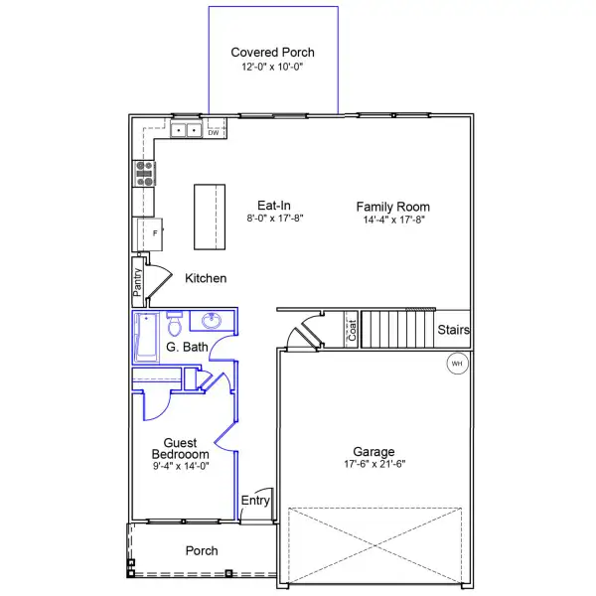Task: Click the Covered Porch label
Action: (x=271, y=52)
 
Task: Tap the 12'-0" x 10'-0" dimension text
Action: (x=271, y=68)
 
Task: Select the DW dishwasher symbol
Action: (x=213, y=132)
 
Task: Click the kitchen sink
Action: (x=184, y=130)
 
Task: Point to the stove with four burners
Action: (x=145, y=175)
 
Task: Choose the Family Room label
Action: (x=393, y=207)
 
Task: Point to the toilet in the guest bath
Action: (x=175, y=324)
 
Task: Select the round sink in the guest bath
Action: (x=212, y=321)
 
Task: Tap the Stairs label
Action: (x=453, y=330)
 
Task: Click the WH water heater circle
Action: (x=457, y=364)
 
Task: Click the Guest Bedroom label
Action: (x=180, y=448)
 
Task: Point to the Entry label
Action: (x=256, y=501)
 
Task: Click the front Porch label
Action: (x=202, y=550)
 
